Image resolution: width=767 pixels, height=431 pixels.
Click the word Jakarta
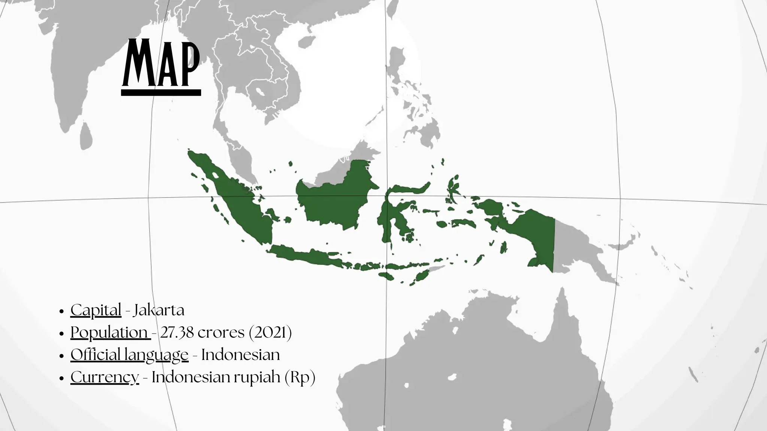(x=159, y=310)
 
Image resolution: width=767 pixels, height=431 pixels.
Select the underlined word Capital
(x=96, y=310)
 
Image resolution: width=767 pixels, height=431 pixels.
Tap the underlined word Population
(x=109, y=332)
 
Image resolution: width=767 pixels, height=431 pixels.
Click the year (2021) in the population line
(x=270, y=332)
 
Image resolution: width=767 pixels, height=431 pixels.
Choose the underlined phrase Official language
(x=129, y=355)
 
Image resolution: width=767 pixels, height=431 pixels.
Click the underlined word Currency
(x=104, y=377)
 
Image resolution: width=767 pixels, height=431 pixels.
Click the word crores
(x=221, y=332)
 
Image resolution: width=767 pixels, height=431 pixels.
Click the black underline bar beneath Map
(x=161, y=92)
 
